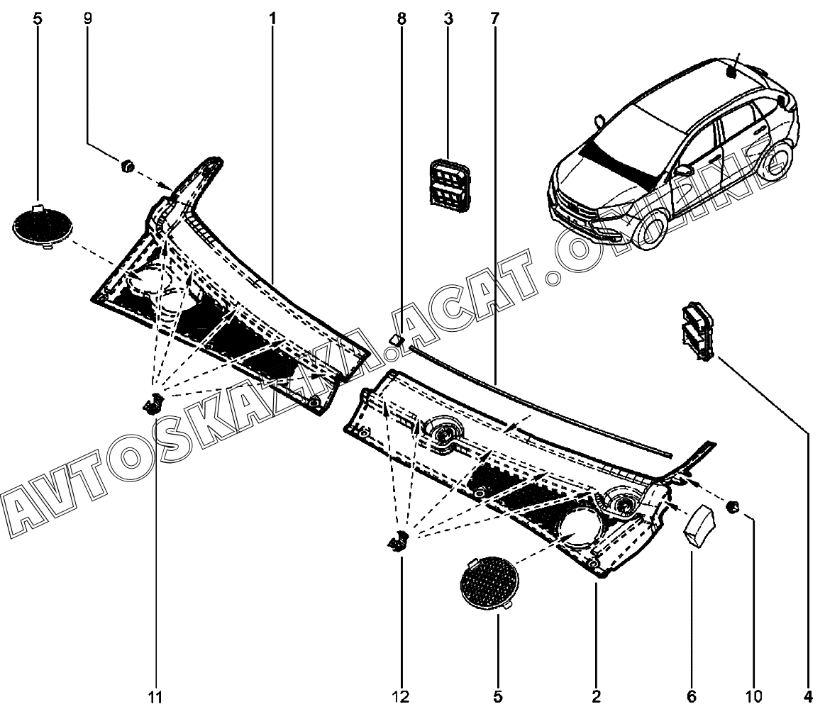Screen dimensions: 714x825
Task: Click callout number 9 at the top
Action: coord(88,18)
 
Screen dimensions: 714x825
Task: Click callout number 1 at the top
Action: coord(272,18)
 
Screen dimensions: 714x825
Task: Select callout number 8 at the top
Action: coord(402,18)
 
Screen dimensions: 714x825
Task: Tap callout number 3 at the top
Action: coord(448,18)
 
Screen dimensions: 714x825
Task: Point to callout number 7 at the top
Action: coord(494,18)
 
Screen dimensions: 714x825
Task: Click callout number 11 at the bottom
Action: coord(156,697)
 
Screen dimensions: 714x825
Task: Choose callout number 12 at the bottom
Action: coord(402,697)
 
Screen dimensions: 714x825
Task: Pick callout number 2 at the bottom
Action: coord(596,696)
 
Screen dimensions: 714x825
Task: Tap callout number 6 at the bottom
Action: coord(692,696)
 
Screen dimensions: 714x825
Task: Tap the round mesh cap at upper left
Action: coord(43,225)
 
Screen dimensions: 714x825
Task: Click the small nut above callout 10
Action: coord(735,506)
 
